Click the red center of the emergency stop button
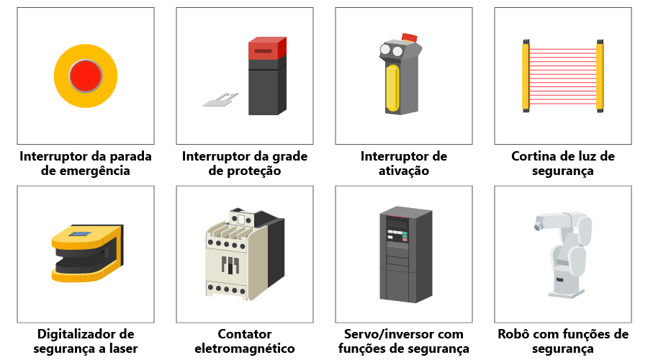click(x=86, y=76)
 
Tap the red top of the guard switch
click(x=267, y=48)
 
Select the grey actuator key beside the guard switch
click(x=221, y=99)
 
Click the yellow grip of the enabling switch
click(x=392, y=89)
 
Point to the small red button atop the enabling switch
click(x=410, y=37)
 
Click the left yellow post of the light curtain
click(x=526, y=76)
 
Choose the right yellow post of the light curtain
click(x=600, y=76)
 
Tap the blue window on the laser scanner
click(x=80, y=234)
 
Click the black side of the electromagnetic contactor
click(x=274, y=251)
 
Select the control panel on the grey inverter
click(x=397, y=230)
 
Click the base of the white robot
click(x=567, y=292)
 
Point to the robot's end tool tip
click(x=536, y=227)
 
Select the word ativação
click(x=404, y=171)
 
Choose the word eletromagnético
click(x=245, y=348)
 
